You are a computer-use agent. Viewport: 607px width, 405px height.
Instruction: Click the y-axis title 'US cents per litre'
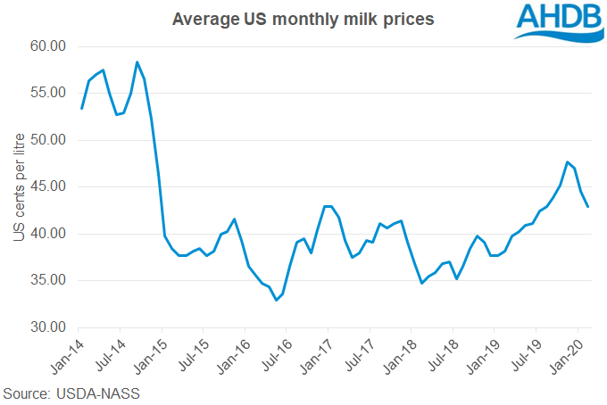[x=19, y=186]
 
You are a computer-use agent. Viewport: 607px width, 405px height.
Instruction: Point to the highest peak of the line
[x=137, y=62]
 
